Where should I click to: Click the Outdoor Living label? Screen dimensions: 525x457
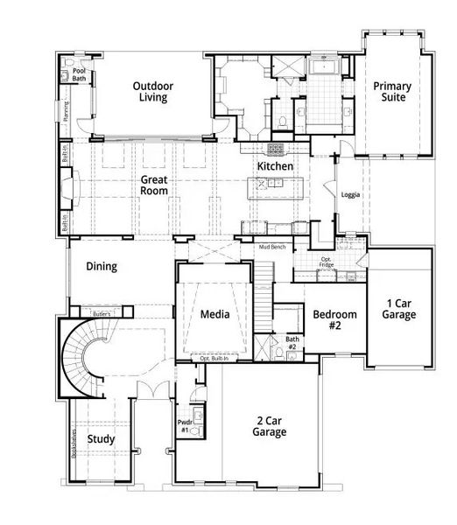(x=154, y=92)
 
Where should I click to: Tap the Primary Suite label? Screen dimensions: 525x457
(x=393, y=92)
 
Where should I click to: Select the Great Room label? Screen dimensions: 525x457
(x=154, y=185)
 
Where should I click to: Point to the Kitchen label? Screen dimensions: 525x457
(x=274, y=166)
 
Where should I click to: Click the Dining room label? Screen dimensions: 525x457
(x=101, y=268)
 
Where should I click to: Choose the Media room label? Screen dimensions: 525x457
(x=214, y=314)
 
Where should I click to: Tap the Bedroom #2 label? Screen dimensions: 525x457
(x=335, y=320)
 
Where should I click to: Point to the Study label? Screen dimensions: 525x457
(x=101, y=438)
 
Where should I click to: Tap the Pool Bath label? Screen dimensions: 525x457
(x=79, y=74)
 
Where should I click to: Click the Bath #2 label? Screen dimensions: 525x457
(x=292, y=343)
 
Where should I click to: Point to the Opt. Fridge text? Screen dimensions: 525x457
(x=327, y=261)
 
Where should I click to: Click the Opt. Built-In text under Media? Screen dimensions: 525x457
(x=214, y=359)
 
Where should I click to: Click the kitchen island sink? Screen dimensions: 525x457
(x=274, y=183)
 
